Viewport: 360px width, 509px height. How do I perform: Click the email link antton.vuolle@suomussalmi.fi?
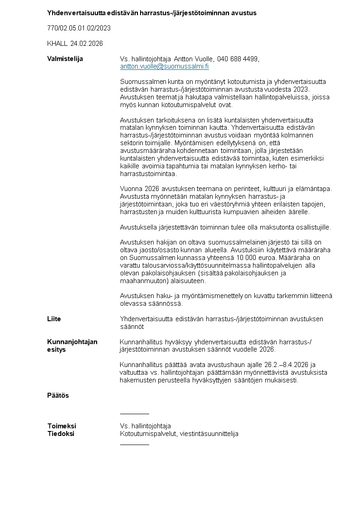coord(164,66)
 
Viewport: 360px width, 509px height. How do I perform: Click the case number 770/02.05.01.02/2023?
coord(79,28)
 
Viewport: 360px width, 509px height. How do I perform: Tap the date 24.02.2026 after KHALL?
coord(87,44)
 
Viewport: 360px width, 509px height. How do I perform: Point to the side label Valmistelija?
coord(65,59)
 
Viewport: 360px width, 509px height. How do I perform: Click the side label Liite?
coord(54,319)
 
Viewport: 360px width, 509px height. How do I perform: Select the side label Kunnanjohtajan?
coord(72,342)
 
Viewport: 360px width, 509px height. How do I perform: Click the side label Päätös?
coord(58,396)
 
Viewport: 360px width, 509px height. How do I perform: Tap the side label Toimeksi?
coord(62,426)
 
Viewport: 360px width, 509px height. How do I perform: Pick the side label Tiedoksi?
coord(61,434)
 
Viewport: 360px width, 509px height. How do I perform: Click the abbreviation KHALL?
coord(57,44)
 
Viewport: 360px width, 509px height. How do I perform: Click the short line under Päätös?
coord(134,414)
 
